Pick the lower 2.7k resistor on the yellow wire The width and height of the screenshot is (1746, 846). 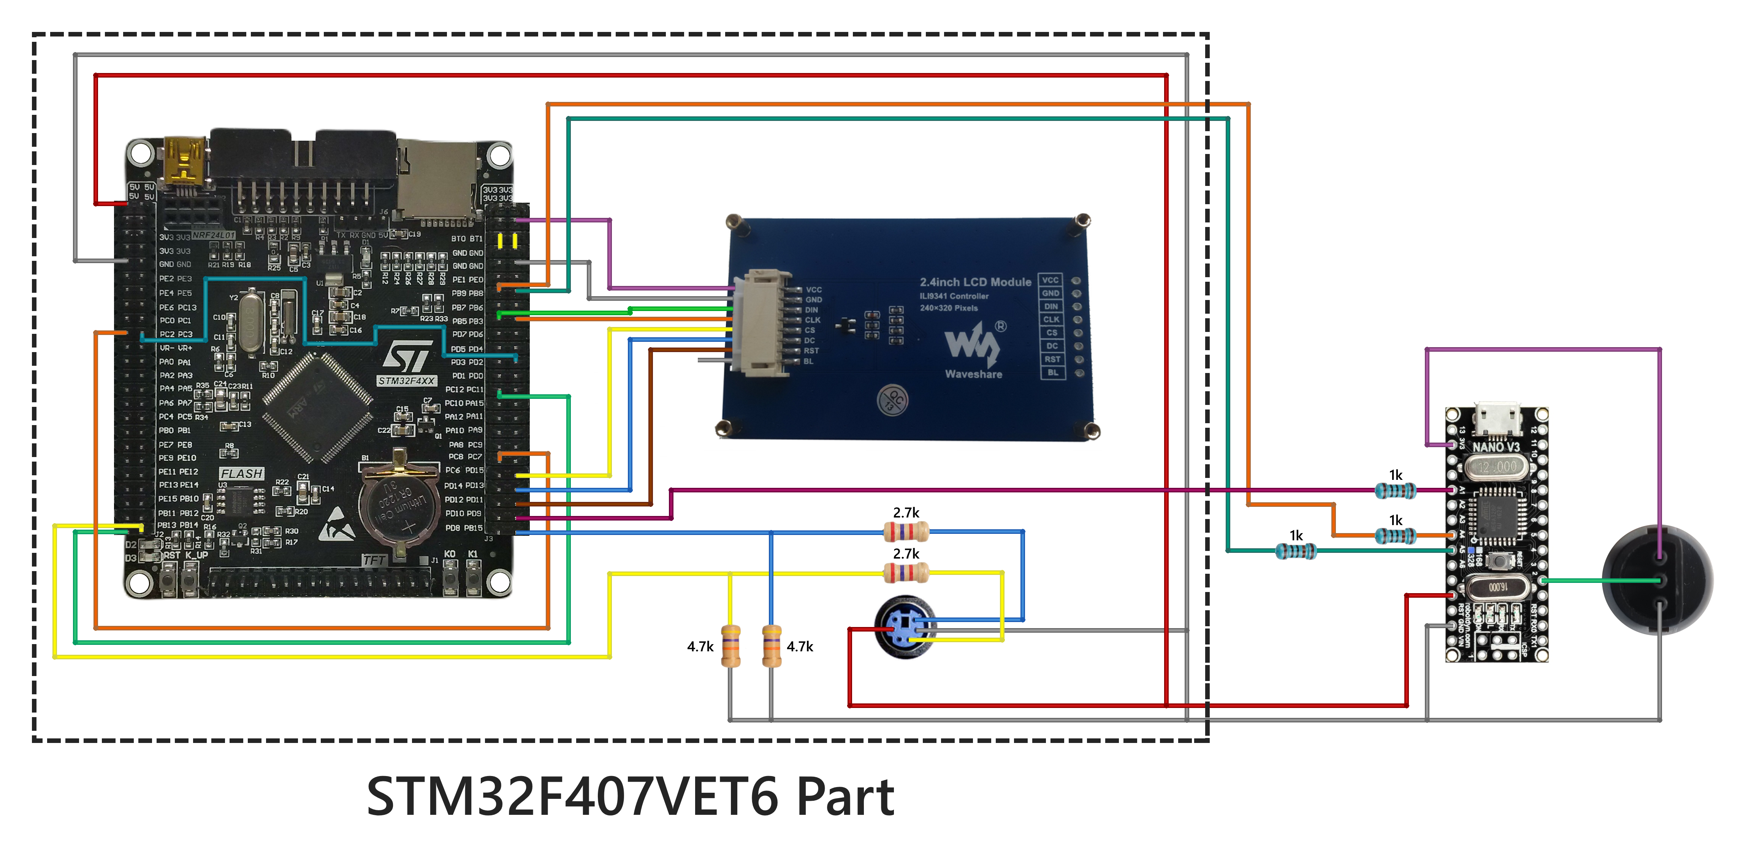906,573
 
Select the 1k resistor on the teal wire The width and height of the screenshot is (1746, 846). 1295,551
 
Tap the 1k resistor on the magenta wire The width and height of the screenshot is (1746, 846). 1395,490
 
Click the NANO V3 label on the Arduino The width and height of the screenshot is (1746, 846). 1496,448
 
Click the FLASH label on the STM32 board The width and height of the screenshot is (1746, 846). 241,473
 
